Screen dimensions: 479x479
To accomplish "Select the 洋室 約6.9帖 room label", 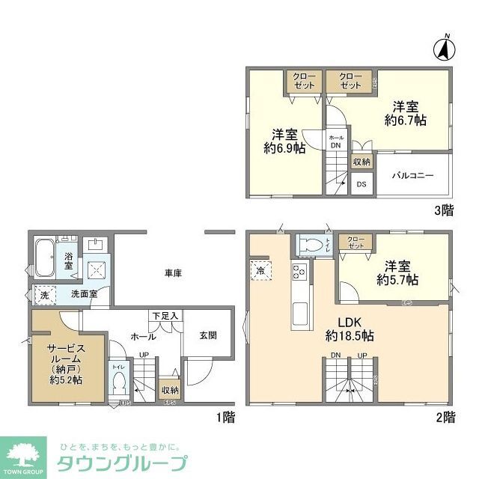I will [284, 141].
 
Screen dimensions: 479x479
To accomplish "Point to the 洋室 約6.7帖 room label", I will [405, 113].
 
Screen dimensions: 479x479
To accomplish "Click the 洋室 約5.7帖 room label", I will [397, 272].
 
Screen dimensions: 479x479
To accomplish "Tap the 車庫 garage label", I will [173, 273].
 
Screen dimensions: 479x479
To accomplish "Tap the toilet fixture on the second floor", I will [313, 245].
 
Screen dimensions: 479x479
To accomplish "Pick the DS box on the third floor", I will [361, 183].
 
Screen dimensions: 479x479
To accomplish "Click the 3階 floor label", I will [443, 210].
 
